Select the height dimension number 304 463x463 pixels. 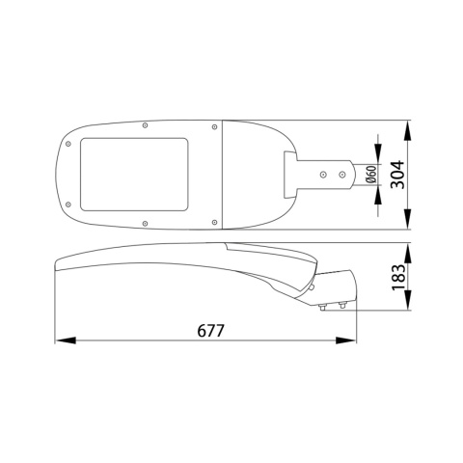click(421, 176)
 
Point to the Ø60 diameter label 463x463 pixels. click(370, 176)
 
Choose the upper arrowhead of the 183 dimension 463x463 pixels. click(406, 249)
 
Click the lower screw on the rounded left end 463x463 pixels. click(68, 204)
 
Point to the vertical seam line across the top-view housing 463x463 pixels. click(224, 175)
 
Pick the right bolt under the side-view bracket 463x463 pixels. click(340, 307)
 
